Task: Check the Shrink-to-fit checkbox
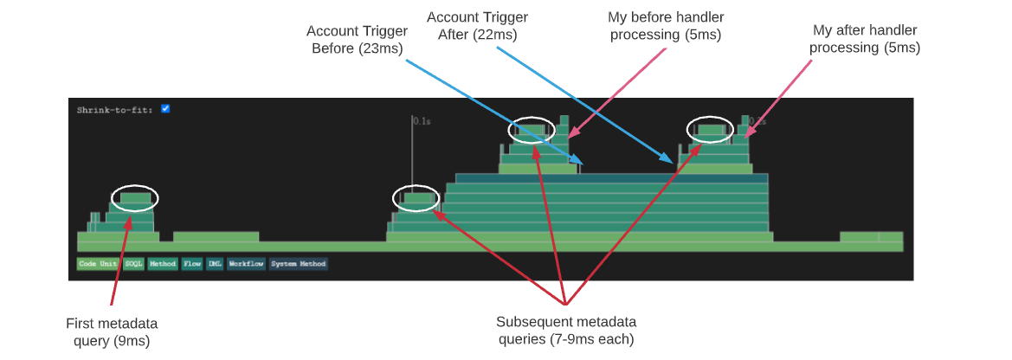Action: (165, 109)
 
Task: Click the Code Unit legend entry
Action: (98, 264)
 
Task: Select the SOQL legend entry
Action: (133, 264)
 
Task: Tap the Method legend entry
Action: (162, 264)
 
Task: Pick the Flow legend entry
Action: (191, 264)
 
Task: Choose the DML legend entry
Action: (215, 264)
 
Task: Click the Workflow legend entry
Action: (246, 264)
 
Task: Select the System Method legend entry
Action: (298, 264)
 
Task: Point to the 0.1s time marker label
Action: (422, 122)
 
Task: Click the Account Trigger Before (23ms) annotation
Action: (357, 40)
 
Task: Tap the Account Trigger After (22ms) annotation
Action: (477, 25)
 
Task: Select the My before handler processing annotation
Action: (666, 26)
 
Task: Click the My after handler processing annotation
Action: (864, 39)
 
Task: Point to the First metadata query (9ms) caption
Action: (112, 331)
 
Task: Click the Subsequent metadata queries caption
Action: (565, 330)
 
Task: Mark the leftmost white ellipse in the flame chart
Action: (135, 198)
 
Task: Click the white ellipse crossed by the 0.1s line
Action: (416, 198)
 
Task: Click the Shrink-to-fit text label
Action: (115, 110)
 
